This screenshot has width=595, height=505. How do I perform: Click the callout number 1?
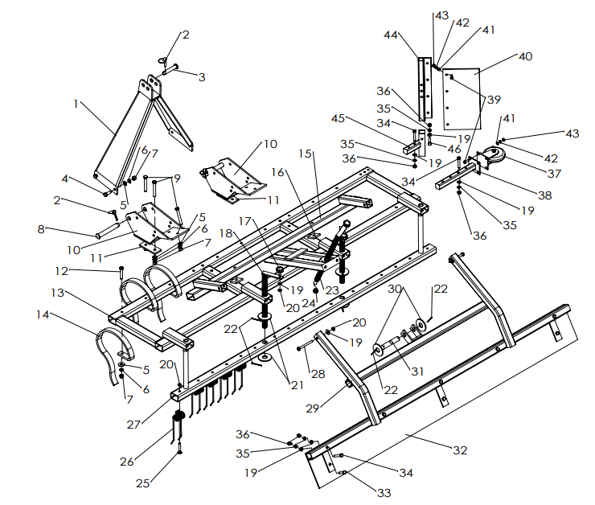pos(77,104)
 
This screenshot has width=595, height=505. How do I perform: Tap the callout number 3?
pos(202,77)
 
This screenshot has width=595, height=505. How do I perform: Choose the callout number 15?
pos(306,153)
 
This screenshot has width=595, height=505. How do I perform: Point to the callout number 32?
pos(459,450)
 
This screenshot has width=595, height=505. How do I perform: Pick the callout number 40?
pos(525,57)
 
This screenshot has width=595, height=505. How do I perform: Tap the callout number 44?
pos(392,35)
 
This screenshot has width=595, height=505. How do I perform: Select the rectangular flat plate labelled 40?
pos(461,95)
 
